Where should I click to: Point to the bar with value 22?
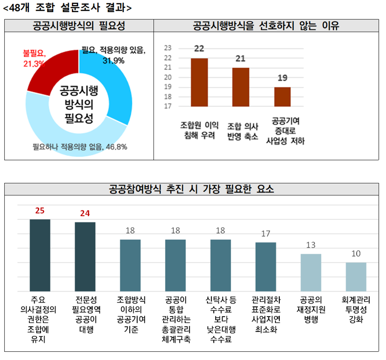tap(199, 82)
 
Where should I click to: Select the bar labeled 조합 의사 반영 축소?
tap(241, 87)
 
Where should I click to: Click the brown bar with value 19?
tap(283, 97)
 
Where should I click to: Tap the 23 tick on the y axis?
tap(168, 48)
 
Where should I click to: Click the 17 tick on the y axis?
tap(168, 107)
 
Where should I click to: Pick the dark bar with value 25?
tap(40, 255)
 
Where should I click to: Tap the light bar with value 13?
tap(311, 273)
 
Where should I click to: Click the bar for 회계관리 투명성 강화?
tap(356, 277)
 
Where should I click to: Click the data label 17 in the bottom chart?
tap(265, 234)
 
